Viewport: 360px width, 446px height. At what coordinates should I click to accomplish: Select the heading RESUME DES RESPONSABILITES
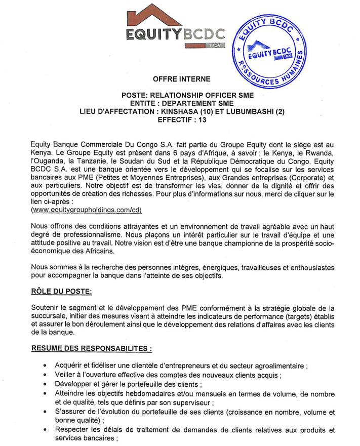pyautogui.click(x=91, y=348)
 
